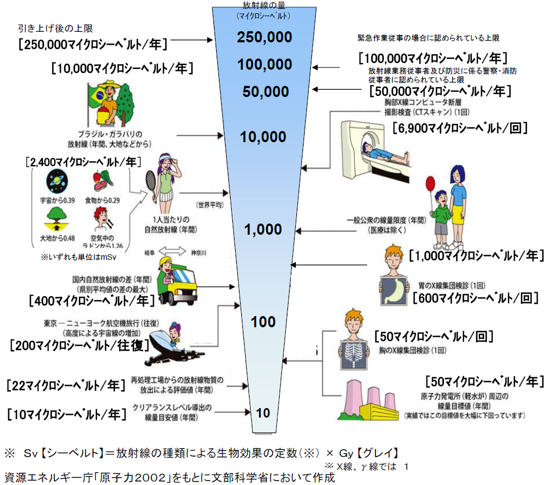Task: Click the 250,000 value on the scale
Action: [x=264, y=37]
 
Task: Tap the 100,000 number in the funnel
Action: [x=264, y=65]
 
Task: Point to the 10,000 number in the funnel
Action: [x=264, y=137]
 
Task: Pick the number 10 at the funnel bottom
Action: [x=263, y=413]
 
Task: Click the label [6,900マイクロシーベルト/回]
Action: [x=460, y=128]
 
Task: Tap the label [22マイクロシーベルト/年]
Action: [x=64, y=385]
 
